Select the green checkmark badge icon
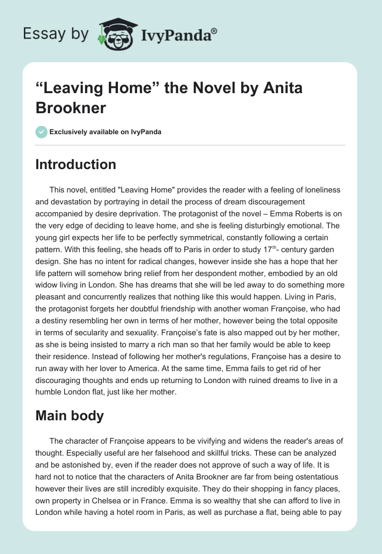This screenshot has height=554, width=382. click(41, 132)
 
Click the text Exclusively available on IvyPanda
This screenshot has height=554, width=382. click(106, 132)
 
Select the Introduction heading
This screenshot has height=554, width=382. click(76, 164)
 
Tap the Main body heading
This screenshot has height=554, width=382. click(70, 415)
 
